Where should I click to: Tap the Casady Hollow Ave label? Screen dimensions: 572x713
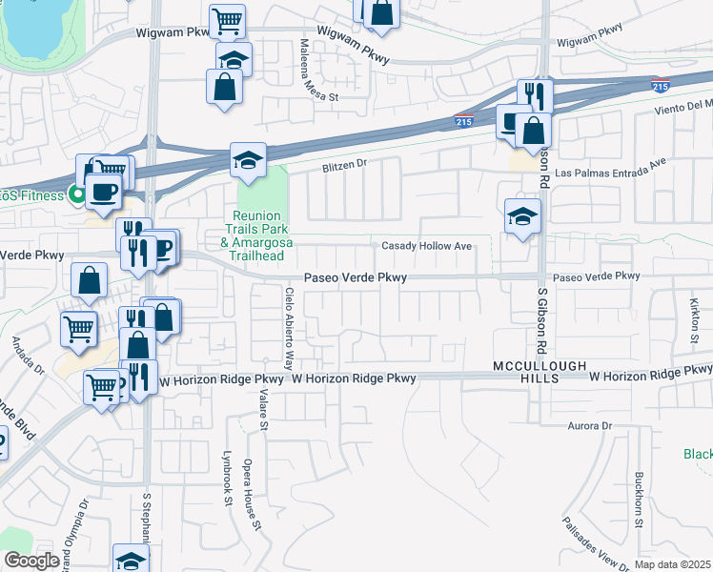[427, 246]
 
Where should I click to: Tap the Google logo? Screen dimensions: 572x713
[31, 561]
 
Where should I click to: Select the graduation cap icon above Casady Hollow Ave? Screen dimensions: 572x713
[523, 216]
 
